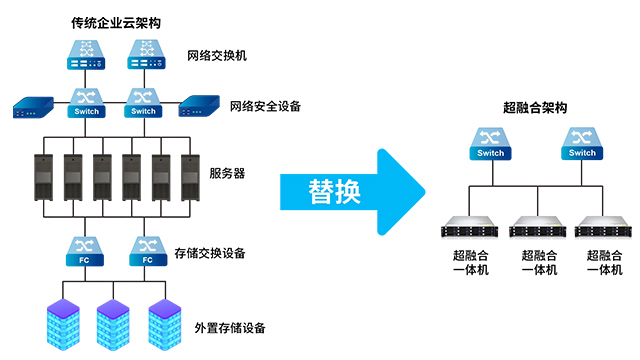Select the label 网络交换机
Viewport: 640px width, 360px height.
216,54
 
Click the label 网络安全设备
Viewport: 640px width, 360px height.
265,105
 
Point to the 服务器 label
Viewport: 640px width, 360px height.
227,173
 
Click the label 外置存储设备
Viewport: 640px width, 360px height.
231,327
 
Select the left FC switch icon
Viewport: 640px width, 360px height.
83,250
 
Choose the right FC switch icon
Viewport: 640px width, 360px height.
147,250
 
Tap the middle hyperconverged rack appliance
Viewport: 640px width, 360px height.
535,227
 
